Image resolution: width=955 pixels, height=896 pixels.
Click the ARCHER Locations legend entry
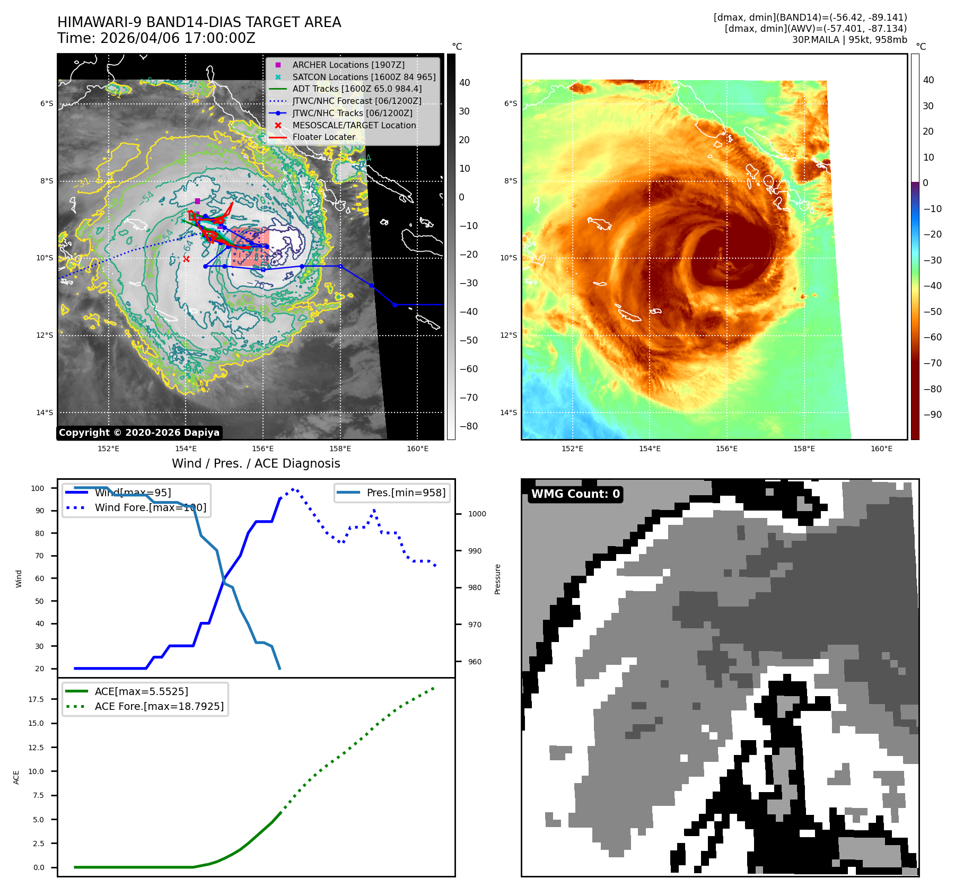point(348,65)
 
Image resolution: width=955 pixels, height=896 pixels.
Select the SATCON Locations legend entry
point(364,77)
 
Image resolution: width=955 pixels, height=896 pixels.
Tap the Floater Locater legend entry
point(323,137)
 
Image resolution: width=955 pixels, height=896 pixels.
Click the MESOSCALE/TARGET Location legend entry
point(354,125)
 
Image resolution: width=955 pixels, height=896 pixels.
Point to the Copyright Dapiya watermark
point(139,433)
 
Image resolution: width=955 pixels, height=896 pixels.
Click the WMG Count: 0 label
point(575,494)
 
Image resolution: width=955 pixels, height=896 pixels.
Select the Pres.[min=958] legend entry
point(406,493)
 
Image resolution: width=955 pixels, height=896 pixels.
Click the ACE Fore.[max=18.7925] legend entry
point(159,706)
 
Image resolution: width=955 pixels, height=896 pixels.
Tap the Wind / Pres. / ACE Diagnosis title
point(256,463)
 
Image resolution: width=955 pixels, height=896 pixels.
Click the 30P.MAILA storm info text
point(849,40)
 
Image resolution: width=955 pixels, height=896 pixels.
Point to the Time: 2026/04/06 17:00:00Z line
point(156,38)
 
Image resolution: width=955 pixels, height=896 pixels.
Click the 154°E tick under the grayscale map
point(186,449)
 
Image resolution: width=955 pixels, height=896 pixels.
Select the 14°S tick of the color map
point(509,412)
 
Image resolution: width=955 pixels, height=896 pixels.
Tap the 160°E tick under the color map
point(881,449)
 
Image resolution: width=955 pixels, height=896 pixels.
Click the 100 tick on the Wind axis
point(38,488)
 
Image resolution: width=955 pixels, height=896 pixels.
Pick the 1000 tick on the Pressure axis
point(477,514)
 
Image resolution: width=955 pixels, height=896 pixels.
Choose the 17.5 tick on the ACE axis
point(36,699)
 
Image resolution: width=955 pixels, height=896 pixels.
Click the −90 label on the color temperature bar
point(932,415)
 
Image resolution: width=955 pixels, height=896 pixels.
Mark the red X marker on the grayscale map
point(186,259)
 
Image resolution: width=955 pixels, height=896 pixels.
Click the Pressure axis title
point(497,579)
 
